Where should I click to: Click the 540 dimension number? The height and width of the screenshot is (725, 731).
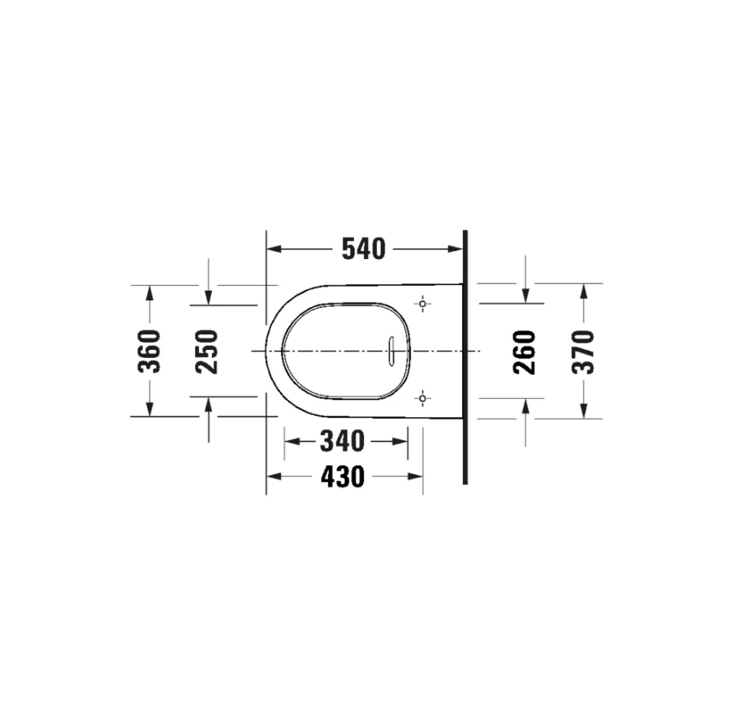(364, 248)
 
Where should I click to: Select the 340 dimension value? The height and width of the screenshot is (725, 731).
(342, 441)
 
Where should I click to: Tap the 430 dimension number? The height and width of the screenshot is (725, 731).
(343, 477)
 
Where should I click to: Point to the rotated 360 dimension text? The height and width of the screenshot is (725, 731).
(149, 352)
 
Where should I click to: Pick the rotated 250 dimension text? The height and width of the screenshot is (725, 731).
(207, 352)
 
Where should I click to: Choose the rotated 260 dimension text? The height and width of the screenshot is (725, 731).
(525, 352)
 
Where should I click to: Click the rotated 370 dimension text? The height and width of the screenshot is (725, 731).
(583, 352)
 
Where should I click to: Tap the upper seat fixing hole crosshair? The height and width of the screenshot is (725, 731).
(422, 304)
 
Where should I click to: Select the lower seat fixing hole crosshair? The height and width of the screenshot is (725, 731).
(422, 399)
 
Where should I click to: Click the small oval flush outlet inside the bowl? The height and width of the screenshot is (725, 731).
(391, 351)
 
